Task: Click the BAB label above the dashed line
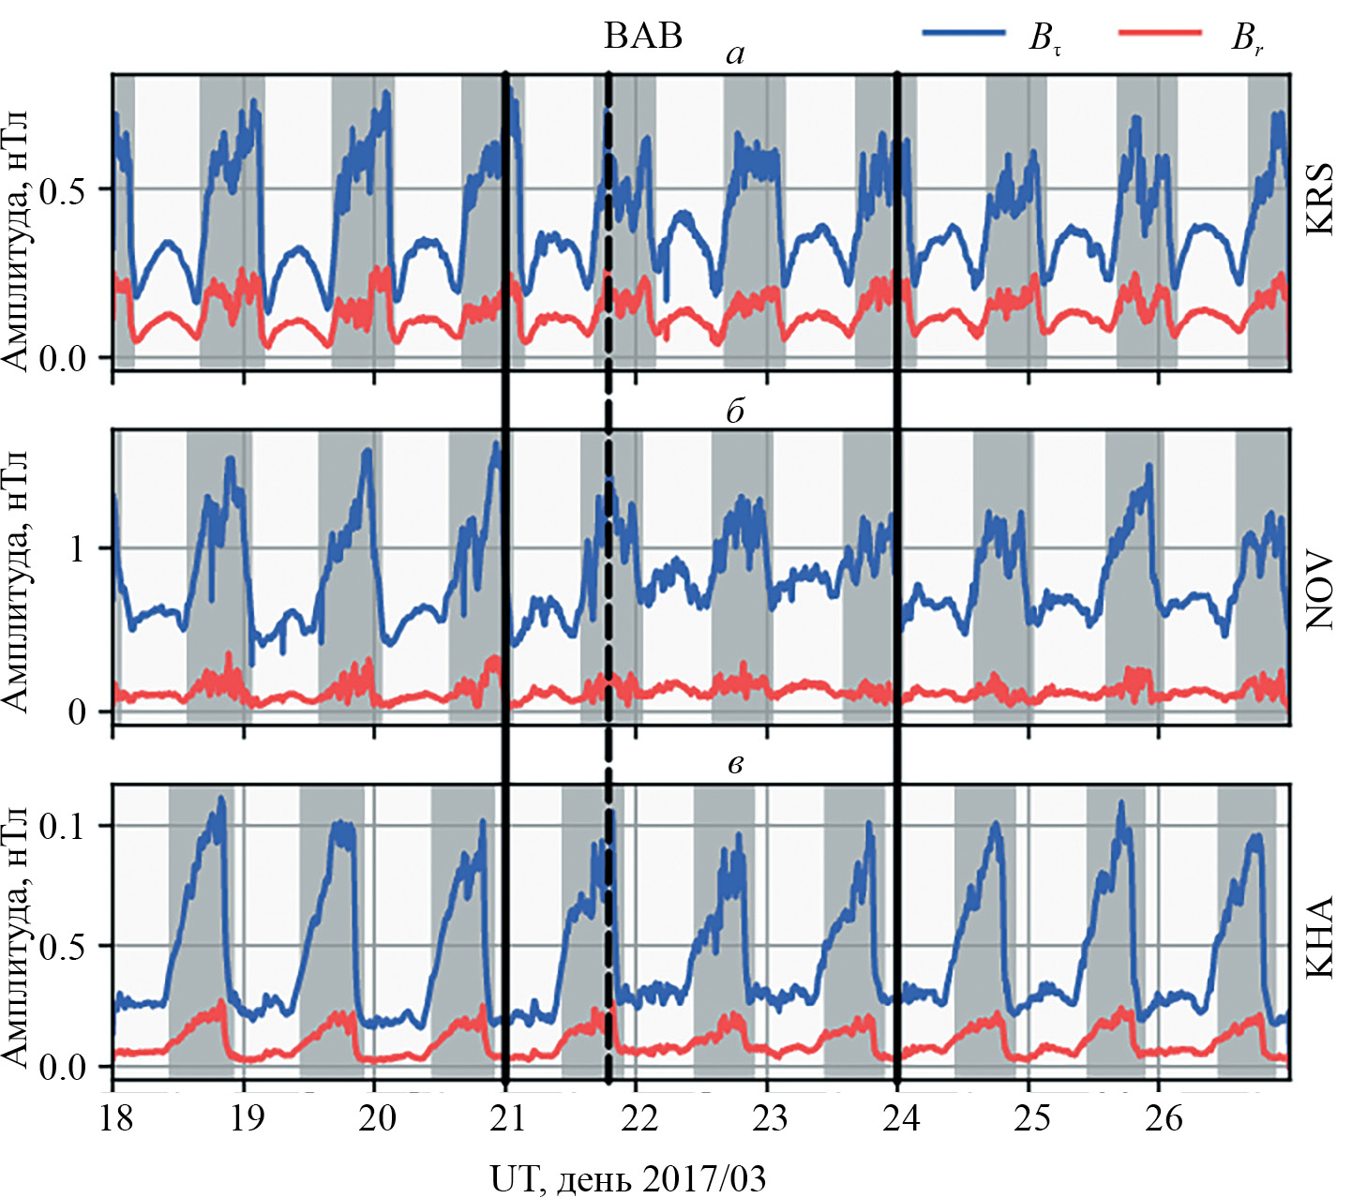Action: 643,36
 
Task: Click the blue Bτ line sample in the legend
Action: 965,33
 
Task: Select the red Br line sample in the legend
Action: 1160,33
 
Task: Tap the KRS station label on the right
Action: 1320,198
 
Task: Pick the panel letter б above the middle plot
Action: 735,411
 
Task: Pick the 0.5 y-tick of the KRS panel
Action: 64,189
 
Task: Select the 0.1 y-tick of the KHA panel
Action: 64,826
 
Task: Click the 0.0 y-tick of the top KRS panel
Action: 64,359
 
